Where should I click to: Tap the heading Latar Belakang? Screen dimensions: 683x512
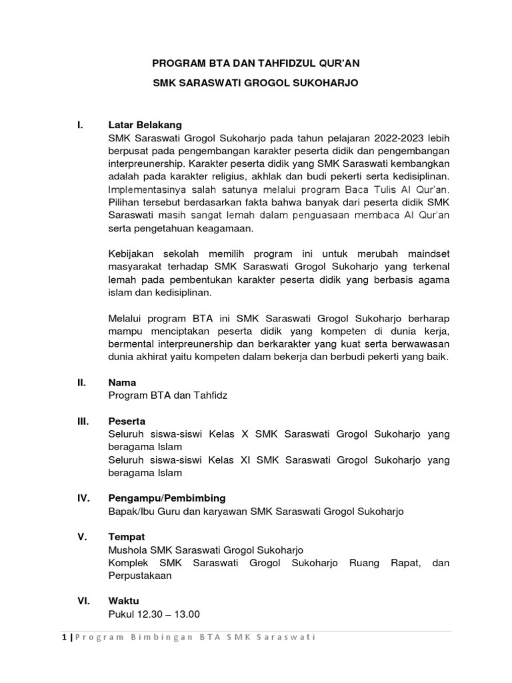coord(145,125)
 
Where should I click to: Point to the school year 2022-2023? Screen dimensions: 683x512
coord(383,137)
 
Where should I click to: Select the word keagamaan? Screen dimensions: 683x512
coord(223,228)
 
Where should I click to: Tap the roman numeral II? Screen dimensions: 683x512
coord(81,383)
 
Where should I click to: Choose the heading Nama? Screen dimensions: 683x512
coord(122,383)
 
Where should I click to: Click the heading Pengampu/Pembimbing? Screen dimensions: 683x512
coord(167,498)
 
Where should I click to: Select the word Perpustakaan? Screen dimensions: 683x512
coord(140,576)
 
